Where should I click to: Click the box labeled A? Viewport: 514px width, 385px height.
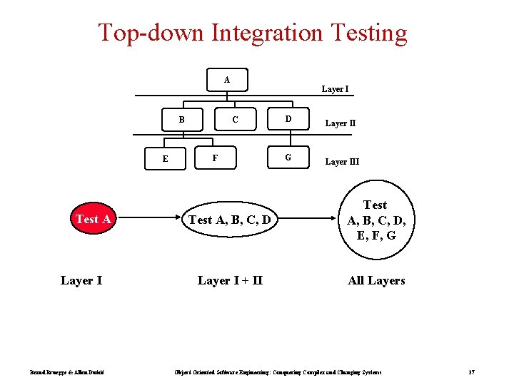(226, 80)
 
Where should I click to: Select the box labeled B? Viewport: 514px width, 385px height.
(181, 119)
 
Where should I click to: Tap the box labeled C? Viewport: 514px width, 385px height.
(235, 119)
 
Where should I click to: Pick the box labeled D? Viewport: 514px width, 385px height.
(288, 119)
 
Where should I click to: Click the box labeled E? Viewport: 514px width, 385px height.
(165, 158)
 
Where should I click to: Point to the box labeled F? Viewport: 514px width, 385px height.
(215, 158)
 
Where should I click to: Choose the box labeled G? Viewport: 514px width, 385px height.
(288, 158)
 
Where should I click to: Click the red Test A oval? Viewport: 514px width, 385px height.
(93, 219)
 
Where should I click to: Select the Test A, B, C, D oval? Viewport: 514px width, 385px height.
(229, 220)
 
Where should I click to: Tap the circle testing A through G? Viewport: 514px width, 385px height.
(375, 220)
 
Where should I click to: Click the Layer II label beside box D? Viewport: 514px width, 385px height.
(341, 123)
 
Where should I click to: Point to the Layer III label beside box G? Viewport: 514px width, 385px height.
(343, 162)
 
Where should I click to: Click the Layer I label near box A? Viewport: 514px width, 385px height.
(335, 89)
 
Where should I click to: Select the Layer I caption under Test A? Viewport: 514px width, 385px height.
(81, 280)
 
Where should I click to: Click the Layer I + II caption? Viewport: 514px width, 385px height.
(230, 280)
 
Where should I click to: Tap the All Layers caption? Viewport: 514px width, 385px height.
(376, 280)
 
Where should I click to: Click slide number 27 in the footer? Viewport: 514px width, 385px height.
(471, 372)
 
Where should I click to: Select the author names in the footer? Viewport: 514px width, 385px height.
(67, 372)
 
